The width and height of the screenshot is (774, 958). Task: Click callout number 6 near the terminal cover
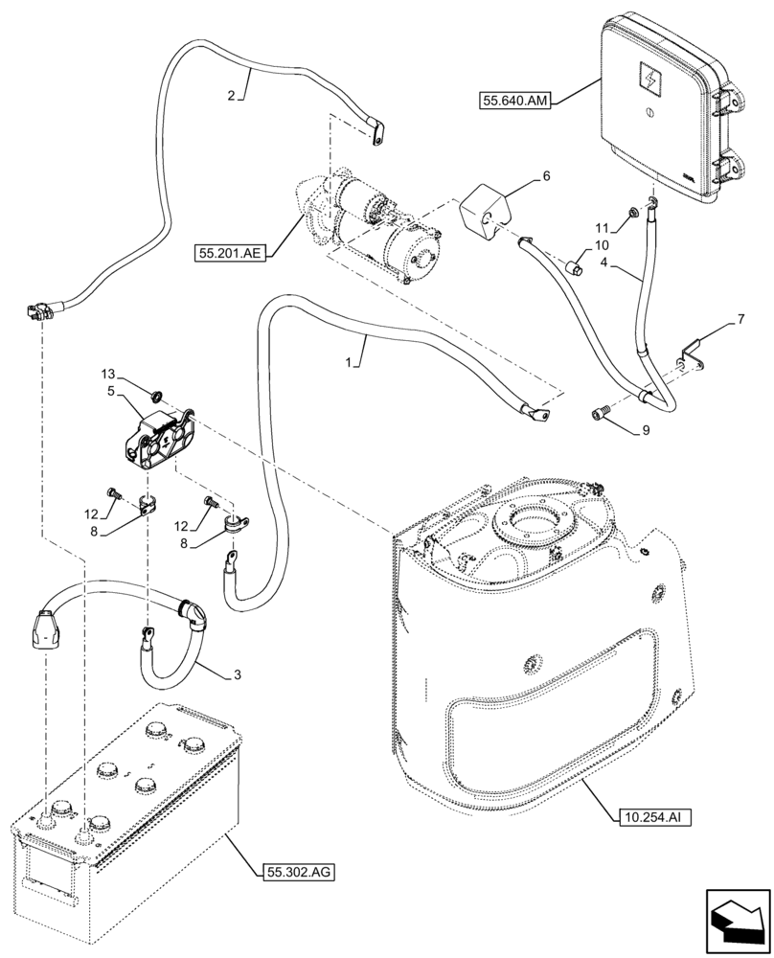[x=547, y=176]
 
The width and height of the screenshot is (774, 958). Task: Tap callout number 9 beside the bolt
[x=646, y=430]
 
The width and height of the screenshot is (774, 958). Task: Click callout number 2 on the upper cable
[x=232, y=95]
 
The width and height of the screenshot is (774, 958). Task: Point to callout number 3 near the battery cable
[x=236, y=674]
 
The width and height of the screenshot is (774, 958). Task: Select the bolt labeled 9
[x=602, y=414]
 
